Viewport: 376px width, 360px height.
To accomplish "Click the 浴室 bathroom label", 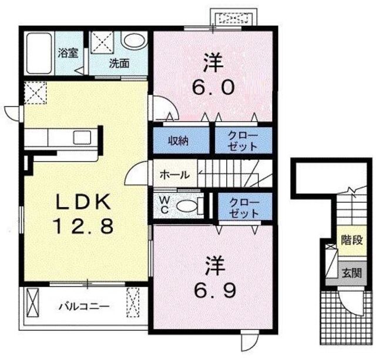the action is click(x=68, y=53).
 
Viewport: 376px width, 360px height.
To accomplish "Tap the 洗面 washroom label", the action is click(x=119, y=63).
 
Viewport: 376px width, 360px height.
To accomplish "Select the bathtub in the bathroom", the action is click(x=39, y=54).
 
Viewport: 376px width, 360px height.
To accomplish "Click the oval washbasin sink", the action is click(x=134, y=41).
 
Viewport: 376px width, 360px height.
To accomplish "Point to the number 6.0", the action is click(x=213, y=87).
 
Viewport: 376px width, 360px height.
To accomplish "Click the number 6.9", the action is click(x=215, y=290).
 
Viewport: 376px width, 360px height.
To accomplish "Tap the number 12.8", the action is click(x=84, y=226).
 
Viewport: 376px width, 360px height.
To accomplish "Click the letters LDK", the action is click(x=83, y=202).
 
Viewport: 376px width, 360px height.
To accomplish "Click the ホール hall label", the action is click(x=174, y=175).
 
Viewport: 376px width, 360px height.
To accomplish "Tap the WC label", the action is click(x=164, y=205).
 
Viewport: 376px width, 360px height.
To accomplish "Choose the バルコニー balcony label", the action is click(x=85, y=306).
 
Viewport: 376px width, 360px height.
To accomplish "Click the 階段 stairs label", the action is click(x=352, y=240).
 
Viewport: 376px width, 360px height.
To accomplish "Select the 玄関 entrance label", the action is click(x=352, y=273).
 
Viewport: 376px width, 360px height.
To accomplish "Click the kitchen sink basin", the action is click(x=82, y=138).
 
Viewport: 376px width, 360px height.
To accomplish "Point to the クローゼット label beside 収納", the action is click(x=243, y=141).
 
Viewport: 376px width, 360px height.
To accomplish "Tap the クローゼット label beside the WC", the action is click(x=244, y=208).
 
